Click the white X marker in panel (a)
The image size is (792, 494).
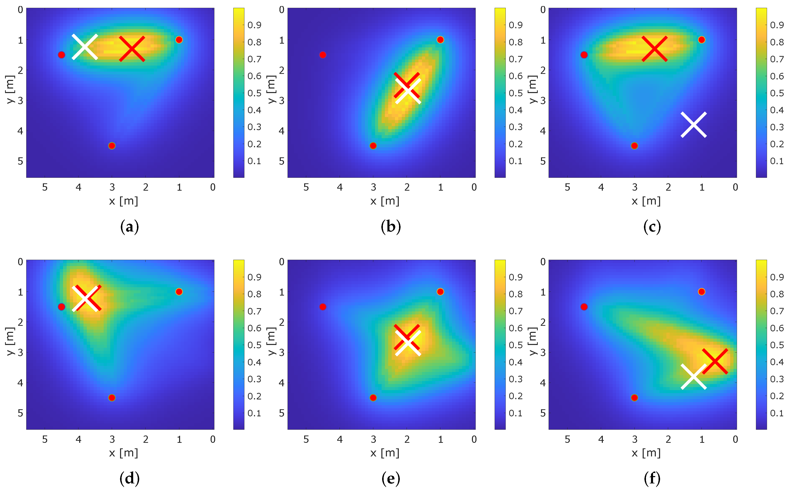(85, 47)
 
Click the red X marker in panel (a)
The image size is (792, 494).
(132, 49)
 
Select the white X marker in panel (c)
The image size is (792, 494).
(694, 125)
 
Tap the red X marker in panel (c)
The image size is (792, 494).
(655, 49)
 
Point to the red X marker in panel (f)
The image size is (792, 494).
(715, 361)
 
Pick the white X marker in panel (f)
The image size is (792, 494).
(694, 377)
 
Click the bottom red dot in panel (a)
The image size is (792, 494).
(112, 146)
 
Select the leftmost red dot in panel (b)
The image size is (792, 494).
(323, 55)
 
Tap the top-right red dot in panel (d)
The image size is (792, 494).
(179, 292)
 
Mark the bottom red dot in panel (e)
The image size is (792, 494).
(373, 398)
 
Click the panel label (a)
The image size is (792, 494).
(130, 227)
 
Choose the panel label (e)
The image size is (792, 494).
(391, 479)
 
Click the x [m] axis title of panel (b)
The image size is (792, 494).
(385, 201)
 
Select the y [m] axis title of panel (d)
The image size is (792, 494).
(10, 341)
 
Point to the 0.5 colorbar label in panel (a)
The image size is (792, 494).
(254, 93)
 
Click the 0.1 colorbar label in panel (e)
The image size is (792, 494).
(516, 413)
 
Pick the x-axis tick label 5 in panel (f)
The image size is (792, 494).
(568, 440)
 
